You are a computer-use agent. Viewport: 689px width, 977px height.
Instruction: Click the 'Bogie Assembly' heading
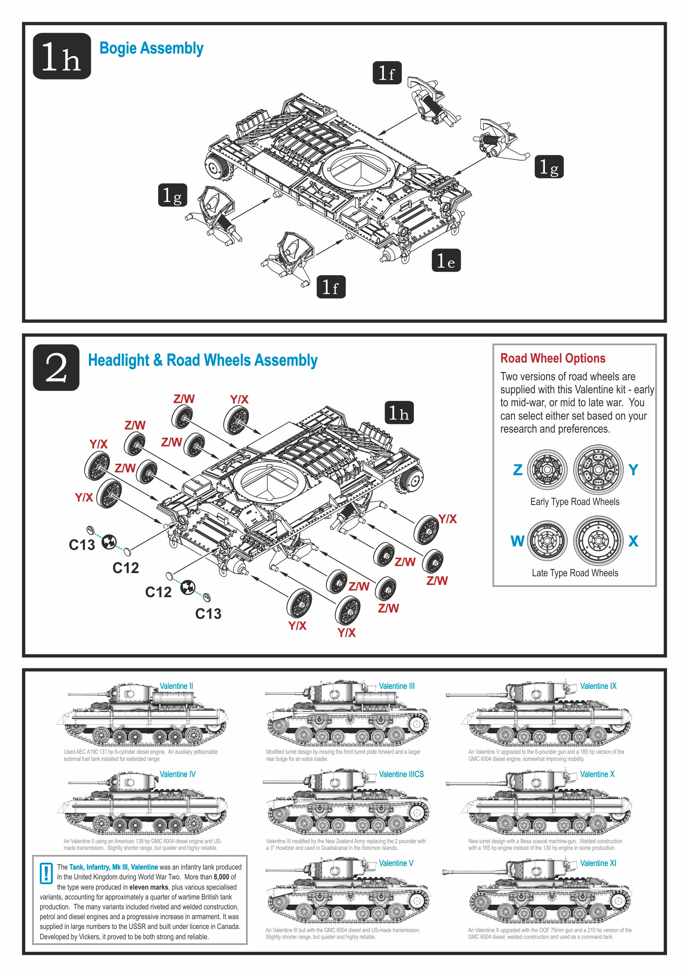[151, 48]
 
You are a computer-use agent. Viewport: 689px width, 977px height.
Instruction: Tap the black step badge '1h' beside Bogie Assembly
[62, 56]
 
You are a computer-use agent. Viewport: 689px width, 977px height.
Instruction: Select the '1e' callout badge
[446, 261]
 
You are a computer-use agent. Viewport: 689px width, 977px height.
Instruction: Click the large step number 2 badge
[56, 368]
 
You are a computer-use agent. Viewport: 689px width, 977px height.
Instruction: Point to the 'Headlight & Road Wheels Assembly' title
[203, 360]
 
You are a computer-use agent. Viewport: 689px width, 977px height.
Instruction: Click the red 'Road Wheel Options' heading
[552, 358]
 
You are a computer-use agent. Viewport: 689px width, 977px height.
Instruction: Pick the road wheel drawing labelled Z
[547, 470]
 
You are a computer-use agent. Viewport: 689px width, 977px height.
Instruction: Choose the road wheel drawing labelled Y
[598, 470]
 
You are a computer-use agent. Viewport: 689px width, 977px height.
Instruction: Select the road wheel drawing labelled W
[547, 541]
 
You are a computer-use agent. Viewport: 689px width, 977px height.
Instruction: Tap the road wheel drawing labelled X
[598, 541]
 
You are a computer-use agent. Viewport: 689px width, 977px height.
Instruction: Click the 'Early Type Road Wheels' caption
[574, 502]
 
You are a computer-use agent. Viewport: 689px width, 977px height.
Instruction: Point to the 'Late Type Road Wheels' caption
[574, 573]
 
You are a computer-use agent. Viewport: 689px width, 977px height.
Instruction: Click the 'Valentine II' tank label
[176, 686]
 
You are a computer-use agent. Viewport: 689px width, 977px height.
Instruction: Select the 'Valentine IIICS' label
[401, 774]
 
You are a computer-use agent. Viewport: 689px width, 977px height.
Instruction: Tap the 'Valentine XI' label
[598, 863]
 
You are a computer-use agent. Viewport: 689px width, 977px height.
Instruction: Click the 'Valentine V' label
[396, 863]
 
